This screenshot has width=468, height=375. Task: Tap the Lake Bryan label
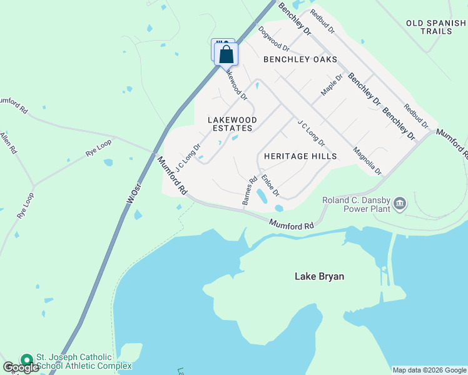[319, 276]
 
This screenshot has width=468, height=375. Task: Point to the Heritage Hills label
[300, 156]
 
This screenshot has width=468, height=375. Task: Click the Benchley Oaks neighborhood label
[300, 60]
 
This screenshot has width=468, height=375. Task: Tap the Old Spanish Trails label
[436, 27]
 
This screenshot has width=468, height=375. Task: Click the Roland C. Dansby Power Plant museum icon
[400, 202]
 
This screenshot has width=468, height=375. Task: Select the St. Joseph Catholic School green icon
[26, 361]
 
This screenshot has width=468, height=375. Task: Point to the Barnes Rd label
[250, 191]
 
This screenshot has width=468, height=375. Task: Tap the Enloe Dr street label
[270, 186]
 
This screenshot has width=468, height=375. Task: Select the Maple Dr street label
[332, 85]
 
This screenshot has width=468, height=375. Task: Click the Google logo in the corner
[21, 367]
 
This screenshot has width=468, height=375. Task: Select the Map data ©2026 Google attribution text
[429, 370]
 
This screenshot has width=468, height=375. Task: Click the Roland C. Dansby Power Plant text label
[356, 204]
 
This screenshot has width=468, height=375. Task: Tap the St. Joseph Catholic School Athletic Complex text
[83, 361]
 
